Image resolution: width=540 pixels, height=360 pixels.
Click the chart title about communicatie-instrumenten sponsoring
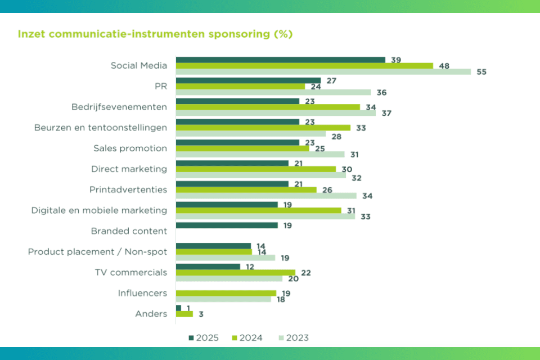click(x=155, y=34)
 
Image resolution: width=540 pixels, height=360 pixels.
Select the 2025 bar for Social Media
click(x=280, y=60)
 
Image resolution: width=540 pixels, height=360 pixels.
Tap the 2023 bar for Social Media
click(x=323, y=71)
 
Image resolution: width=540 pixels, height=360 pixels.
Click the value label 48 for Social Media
click(x=444, y=66)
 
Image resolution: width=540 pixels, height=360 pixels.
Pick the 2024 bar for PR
click(x=240, y=87)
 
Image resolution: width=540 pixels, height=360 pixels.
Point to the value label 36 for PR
click(x=382, y=92)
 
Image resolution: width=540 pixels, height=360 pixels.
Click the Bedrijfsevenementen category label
click(x=119, y=107)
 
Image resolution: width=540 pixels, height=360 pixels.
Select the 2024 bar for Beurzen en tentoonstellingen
click(x=263, y=128)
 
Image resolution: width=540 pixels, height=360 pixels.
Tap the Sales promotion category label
click(x=130, y=148)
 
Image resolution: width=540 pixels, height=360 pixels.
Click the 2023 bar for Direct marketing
click(x=260, y=175)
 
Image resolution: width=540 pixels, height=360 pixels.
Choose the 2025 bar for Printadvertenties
click(x=232, y=184)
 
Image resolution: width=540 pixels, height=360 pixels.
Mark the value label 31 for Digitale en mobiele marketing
click(x=352, y=210)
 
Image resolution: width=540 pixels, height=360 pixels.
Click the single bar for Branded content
click(x=227, y=225)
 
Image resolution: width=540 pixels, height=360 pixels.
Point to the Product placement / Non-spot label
click(x=97, y=251)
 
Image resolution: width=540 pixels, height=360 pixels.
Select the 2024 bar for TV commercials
click(x=235, y=272)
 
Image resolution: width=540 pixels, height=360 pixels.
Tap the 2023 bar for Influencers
click(x=223, y=299)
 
